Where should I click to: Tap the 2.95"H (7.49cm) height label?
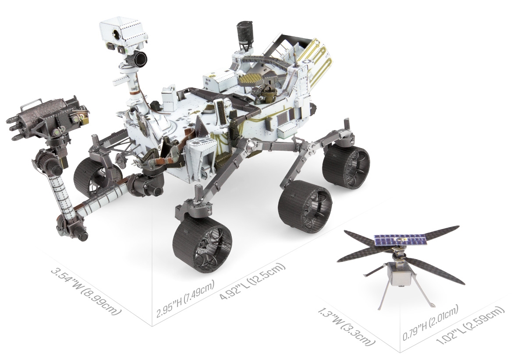(186, 299)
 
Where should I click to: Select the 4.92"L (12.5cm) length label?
(252, 282)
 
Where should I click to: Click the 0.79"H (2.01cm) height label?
(430, 323)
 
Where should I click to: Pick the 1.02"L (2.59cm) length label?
(471, 326)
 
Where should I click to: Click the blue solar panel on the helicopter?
(400, 241)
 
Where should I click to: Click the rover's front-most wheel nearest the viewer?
(202, 244)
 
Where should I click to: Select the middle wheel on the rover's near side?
(305, 206)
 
